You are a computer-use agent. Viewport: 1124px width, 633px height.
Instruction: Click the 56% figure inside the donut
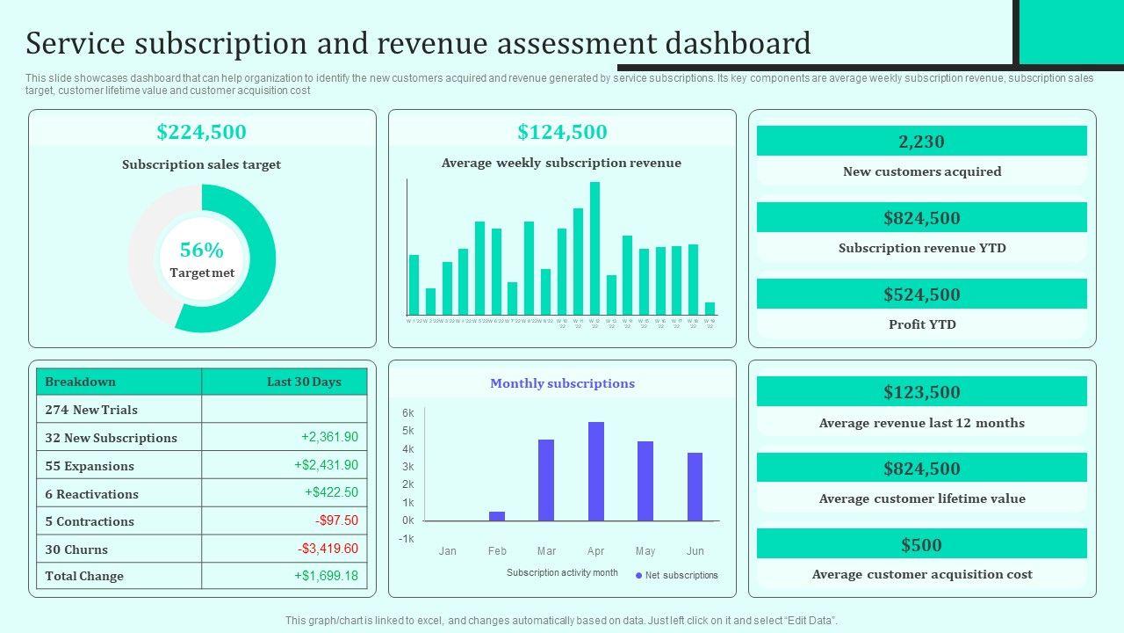coord(201,251)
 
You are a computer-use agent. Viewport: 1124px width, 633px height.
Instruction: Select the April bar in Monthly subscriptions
coord(596,471)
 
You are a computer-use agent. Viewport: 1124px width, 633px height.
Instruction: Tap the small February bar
coord(497,516)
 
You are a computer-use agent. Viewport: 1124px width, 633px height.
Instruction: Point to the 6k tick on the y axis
coord(408,413)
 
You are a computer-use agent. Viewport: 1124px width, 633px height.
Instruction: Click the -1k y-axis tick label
coord(406,539)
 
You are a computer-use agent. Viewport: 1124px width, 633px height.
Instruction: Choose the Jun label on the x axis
coord(695,551)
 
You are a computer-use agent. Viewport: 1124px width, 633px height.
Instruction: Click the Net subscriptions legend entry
coord(677,576)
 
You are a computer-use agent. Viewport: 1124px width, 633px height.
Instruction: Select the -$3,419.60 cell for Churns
coord(328,549)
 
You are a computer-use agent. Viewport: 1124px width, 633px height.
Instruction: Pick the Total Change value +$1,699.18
coord(326,576)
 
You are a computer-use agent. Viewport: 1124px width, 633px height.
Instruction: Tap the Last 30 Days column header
coord(304,382)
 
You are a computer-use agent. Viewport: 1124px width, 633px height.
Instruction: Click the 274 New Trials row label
coord(91,410)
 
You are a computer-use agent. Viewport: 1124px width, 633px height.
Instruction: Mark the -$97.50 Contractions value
coord(336,520)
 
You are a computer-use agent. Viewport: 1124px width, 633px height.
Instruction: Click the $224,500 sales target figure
coord(202,132)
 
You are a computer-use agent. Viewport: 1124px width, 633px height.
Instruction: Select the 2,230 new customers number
coord(921,142)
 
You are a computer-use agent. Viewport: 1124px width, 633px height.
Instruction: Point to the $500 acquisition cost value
coord(921,545)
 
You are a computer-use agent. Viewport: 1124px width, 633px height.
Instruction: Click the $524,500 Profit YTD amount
coord(921,295)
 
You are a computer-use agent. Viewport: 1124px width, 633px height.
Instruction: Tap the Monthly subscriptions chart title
coord(562,383)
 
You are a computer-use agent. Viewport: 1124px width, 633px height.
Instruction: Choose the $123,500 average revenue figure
coord(921,392)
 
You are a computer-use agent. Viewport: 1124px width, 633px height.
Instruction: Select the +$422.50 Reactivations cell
coord(331,492)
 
